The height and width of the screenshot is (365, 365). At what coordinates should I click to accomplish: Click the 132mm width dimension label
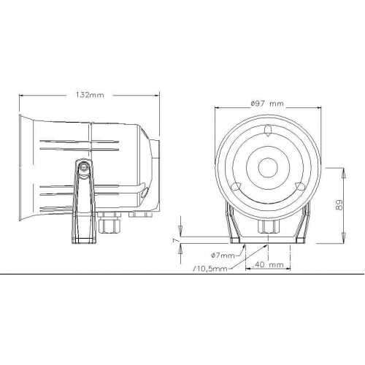pyautogui.click(x=90, y=95)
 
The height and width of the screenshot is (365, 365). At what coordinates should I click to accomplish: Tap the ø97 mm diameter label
pyautogui.click(x=267, y=104)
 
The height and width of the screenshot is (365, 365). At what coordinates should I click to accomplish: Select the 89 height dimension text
pyautogui.click(x=339, y=204)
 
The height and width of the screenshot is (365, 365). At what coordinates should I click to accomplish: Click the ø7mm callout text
pyautogui.click(x=223, y=255)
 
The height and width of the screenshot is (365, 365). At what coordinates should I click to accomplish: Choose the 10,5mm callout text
pyautogui.click(x=210, y=269)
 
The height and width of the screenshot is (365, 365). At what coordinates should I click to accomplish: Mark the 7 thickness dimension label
pyautogui.click(x=175, y=240)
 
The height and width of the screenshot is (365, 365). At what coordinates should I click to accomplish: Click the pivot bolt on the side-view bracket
pyautogui.click(x=84, y=167)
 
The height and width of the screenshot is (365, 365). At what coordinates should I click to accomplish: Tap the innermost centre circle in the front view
pyautogui.click(x=268, y=167)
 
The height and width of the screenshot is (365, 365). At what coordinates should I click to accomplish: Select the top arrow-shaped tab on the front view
pyautogui.click(x=268, y=131)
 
